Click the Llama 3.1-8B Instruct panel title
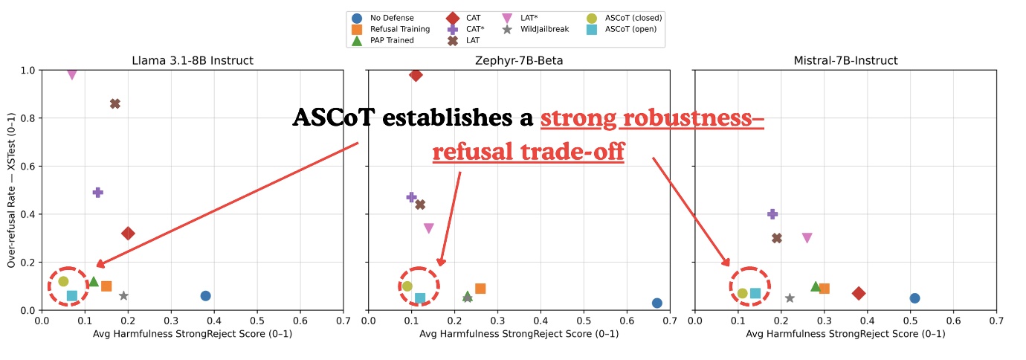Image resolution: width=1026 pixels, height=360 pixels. tap(192, 60)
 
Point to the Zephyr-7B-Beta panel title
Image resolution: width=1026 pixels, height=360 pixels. tap(519, 60)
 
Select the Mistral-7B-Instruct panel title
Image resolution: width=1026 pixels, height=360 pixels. tap(845, 60)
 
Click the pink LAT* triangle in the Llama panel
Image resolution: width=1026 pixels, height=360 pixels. tap(72, 74)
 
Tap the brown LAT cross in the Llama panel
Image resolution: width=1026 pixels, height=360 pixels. tap(115, 103)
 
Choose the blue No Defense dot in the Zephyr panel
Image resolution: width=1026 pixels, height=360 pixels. tap(657, 303)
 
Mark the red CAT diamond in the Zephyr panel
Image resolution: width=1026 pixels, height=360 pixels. tap(416, 74)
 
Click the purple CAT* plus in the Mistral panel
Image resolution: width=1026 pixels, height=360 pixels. tap(772, 214)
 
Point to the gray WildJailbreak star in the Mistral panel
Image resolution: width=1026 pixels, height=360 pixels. tap(790, 298)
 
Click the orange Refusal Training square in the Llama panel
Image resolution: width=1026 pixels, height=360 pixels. tap(106, 286)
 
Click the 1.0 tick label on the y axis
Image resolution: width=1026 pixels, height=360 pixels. tap(28, 71)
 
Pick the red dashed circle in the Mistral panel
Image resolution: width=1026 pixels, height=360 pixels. tap(749, 286)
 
